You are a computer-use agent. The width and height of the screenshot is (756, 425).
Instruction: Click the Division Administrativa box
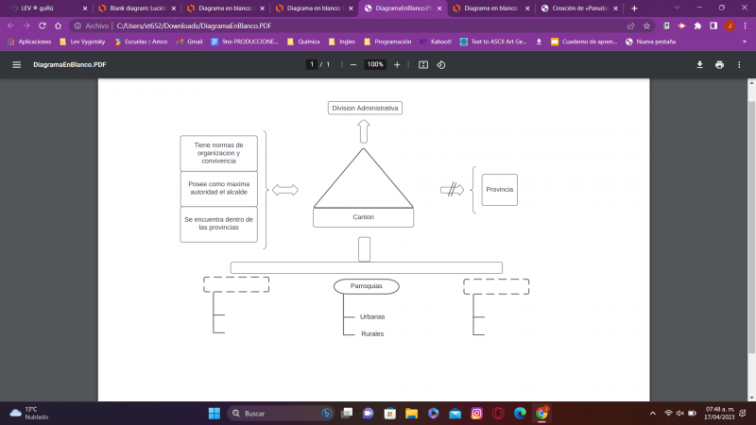pos(365,108)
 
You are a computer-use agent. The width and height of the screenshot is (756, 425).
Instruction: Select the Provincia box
pos(499,190)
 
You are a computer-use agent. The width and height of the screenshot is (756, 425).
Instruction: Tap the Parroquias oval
pos(366,286)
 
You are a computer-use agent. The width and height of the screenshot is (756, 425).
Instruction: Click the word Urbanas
pos(372,316)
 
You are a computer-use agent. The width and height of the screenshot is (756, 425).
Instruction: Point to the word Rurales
pos(372,333)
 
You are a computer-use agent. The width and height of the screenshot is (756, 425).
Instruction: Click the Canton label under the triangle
pos(364,217)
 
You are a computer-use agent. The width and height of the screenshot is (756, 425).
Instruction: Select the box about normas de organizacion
pos(218,153)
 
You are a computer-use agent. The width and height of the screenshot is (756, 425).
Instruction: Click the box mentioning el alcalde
pos(218,188)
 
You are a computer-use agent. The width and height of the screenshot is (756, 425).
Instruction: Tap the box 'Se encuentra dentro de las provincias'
pos(218,224)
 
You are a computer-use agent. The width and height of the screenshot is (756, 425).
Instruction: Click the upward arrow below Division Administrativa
pos(365,131)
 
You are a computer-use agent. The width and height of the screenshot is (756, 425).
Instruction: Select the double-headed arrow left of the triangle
pos(284,190)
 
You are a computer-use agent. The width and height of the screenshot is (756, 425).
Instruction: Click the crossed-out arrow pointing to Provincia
pos(452,190)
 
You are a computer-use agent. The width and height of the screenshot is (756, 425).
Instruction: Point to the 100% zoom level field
pos(375,64)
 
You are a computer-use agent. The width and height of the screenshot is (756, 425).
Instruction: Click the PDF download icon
pos(700,64)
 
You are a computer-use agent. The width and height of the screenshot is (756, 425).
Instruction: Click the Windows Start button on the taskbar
pos(214,414)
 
